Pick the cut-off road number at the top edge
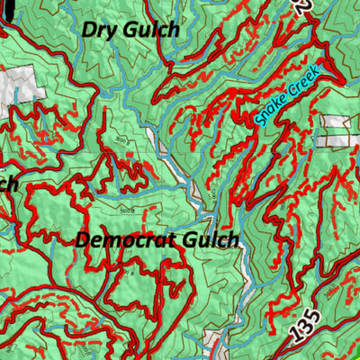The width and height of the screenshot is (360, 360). pyautogui.click(x=303, y=7)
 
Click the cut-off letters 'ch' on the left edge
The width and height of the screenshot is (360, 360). pyautogui.click(x=9, y=184)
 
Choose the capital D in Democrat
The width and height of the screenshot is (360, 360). pyautogui.click(x=83, y=240)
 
